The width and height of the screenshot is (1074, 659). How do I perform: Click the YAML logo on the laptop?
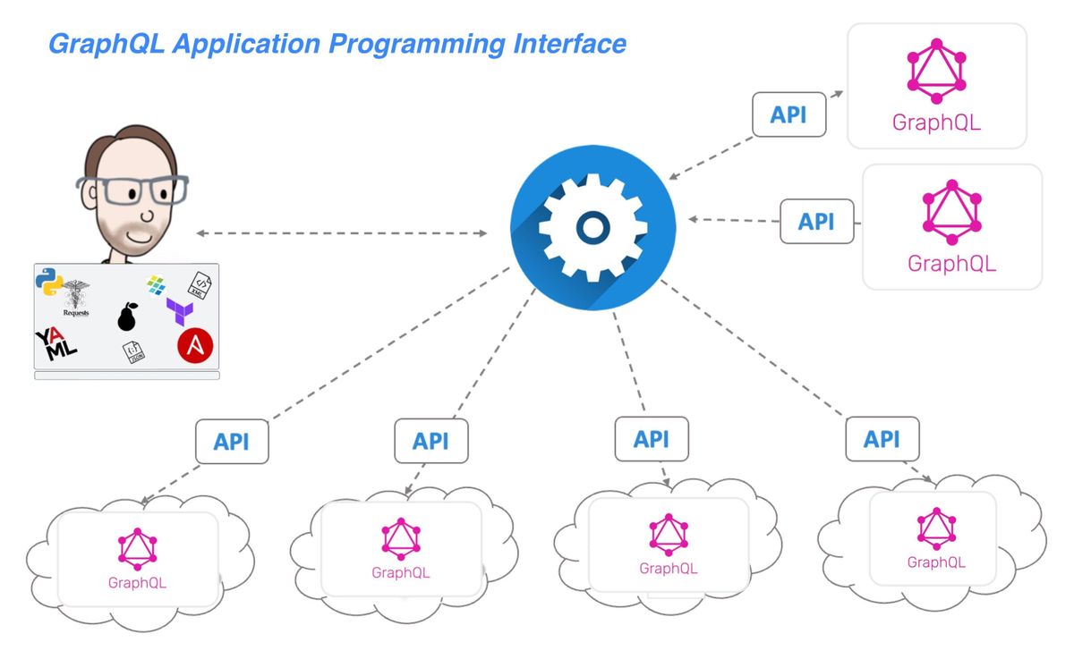click(x=56, y=344)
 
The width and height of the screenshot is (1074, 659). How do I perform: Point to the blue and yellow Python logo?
click(x=50, y=283)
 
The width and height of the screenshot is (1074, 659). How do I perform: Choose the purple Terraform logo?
click(x=180, y=311)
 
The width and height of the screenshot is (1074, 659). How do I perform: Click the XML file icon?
click(x=198, y=285)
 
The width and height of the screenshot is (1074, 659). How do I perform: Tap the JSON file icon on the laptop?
click(x=133, y=352)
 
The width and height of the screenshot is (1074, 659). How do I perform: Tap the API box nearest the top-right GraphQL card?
click(x=788, y=115)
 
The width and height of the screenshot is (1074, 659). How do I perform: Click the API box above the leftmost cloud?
click(x=232, y=442)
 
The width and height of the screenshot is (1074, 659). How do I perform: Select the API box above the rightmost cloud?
click(x=882, y=439)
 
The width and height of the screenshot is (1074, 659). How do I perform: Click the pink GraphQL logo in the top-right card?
click(x=936, y=72)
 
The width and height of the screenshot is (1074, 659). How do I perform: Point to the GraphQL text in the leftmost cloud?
click(x=137, y=583)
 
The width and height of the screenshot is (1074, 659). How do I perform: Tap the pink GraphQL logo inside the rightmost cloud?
click(x=936, y=528)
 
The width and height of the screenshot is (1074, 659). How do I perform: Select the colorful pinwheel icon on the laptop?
click(x=158, y=285)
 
